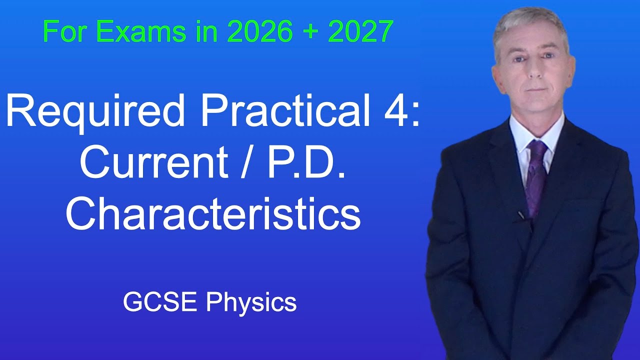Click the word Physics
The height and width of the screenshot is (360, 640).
(251, 302)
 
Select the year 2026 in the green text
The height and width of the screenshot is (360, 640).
(259, 31)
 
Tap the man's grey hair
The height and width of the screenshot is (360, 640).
(530, 22)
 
